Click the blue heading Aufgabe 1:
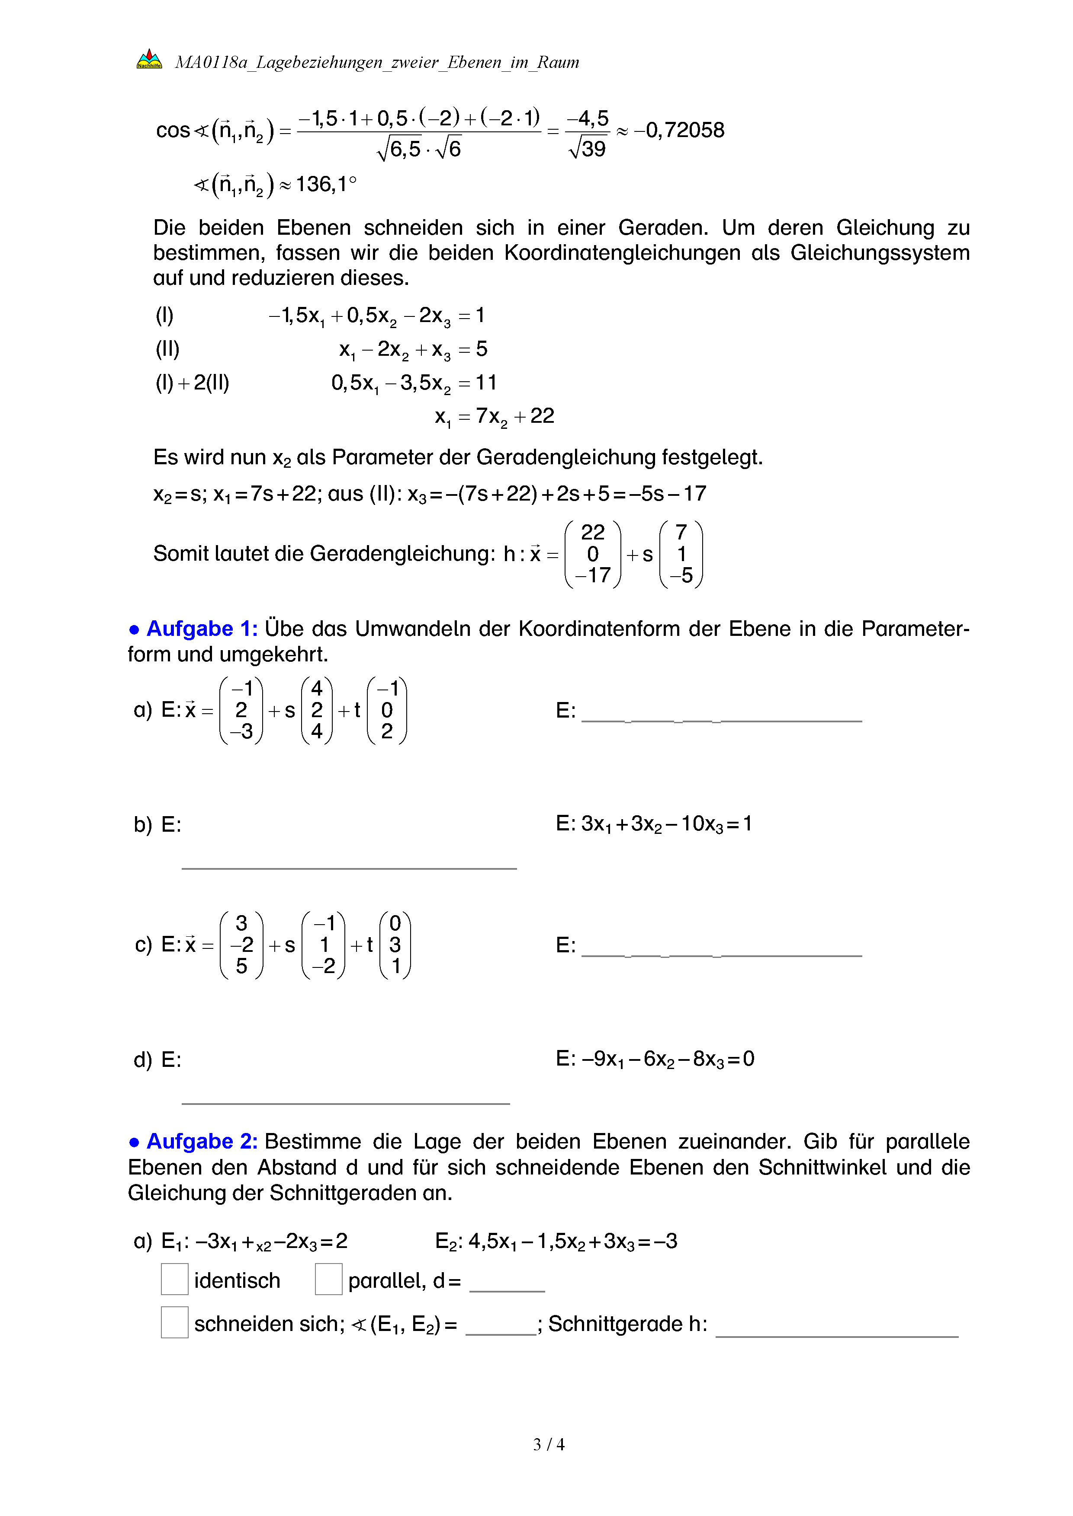point(202,629)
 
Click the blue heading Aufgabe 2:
point(202,1142)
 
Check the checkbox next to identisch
point(174,1279)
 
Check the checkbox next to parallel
point(328,1279)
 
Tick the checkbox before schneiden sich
point(174,1322)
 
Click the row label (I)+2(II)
point(192,383)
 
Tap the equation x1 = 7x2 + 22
point(494,417)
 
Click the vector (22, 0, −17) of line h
point(593,554)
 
